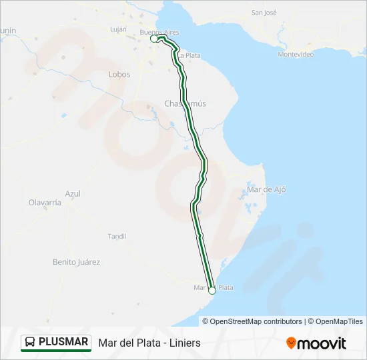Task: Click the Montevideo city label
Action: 296,55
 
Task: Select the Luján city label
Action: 117,29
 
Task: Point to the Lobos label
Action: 119,75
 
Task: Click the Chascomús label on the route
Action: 185,103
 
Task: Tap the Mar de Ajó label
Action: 266,189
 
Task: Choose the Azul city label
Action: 73,194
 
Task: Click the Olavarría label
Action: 45,202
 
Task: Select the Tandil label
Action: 117,236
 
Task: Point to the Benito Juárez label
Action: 76,262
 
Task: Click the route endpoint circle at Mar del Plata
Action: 212,291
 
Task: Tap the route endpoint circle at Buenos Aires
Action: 154,39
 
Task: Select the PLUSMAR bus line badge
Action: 56,343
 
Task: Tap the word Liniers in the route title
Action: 183,343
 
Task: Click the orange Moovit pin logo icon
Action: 291,343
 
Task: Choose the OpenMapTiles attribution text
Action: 338,321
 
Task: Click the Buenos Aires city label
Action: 159,31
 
